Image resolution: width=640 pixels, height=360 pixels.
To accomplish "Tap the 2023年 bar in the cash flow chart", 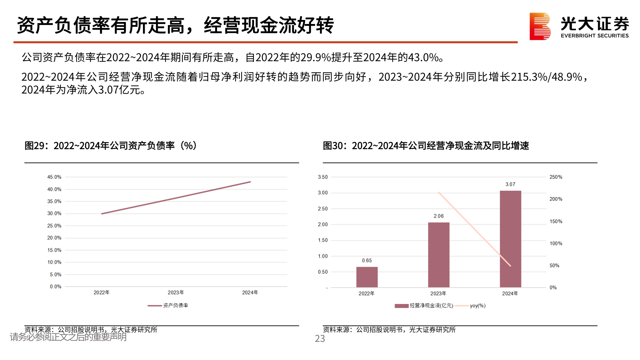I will pyautogui.click(x=439, y=255).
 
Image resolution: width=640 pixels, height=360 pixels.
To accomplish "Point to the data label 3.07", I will pyautogui.click(x=510, y=184).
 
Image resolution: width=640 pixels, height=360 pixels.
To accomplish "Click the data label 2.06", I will pyautogui.click(x=439, y=216).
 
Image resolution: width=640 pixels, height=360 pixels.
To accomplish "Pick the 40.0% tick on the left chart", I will pyautogui.click(x=54, y=189).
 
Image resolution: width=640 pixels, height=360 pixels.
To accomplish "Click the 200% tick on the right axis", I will pyautogui.click(x=556, y=199).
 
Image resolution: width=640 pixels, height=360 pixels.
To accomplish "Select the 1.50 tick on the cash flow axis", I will pyautogui.click(x=323, y=240).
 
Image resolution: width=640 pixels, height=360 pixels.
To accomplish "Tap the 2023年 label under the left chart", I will pyautogui.click(x=176, y=292).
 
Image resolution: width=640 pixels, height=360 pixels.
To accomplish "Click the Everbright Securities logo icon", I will pyautogui.click(x=540, y=26).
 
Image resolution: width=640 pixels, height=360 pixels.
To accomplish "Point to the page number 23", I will pyautogui.click(x=320, y=339).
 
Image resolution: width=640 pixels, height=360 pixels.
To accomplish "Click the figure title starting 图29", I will pyautogui.click(x=111, y=146).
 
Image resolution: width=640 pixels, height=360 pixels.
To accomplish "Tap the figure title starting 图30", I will pyautogui.click(x=426, y=146).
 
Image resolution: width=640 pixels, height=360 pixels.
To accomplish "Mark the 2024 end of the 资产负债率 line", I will pyautogui.click(x=250, y=182).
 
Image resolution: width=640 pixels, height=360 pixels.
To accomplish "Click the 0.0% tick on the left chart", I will pyautogui.click(x=56, y=287).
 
